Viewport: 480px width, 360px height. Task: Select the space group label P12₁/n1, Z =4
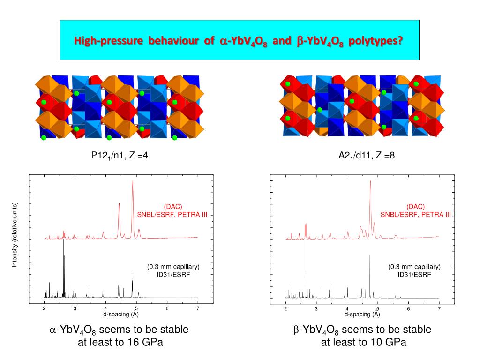pos(120,156)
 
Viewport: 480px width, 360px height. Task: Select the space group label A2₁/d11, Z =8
pos(367,156)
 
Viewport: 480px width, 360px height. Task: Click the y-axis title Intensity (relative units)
pos(15,235)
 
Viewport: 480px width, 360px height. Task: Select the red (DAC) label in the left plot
pos(172,207)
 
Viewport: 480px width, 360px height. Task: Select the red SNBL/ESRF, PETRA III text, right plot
pos(415,215)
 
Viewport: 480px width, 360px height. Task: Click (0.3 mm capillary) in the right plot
pos(414,267)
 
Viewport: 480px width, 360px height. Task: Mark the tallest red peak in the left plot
pos(133,182)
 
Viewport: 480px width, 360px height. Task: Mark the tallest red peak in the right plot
pos(370,182)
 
